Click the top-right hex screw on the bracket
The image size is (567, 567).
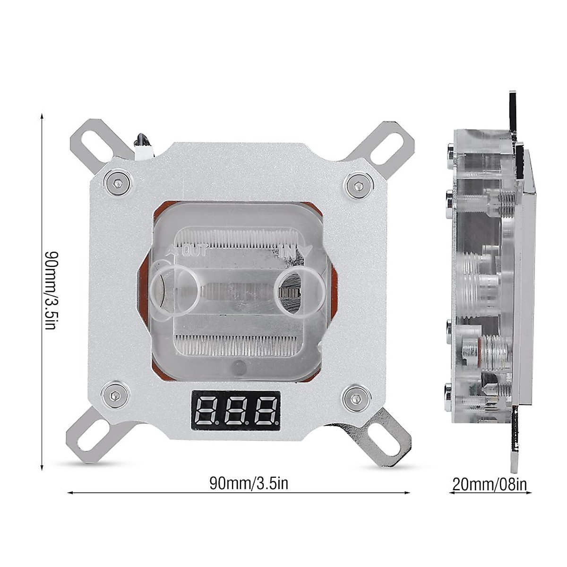[357, 184]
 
